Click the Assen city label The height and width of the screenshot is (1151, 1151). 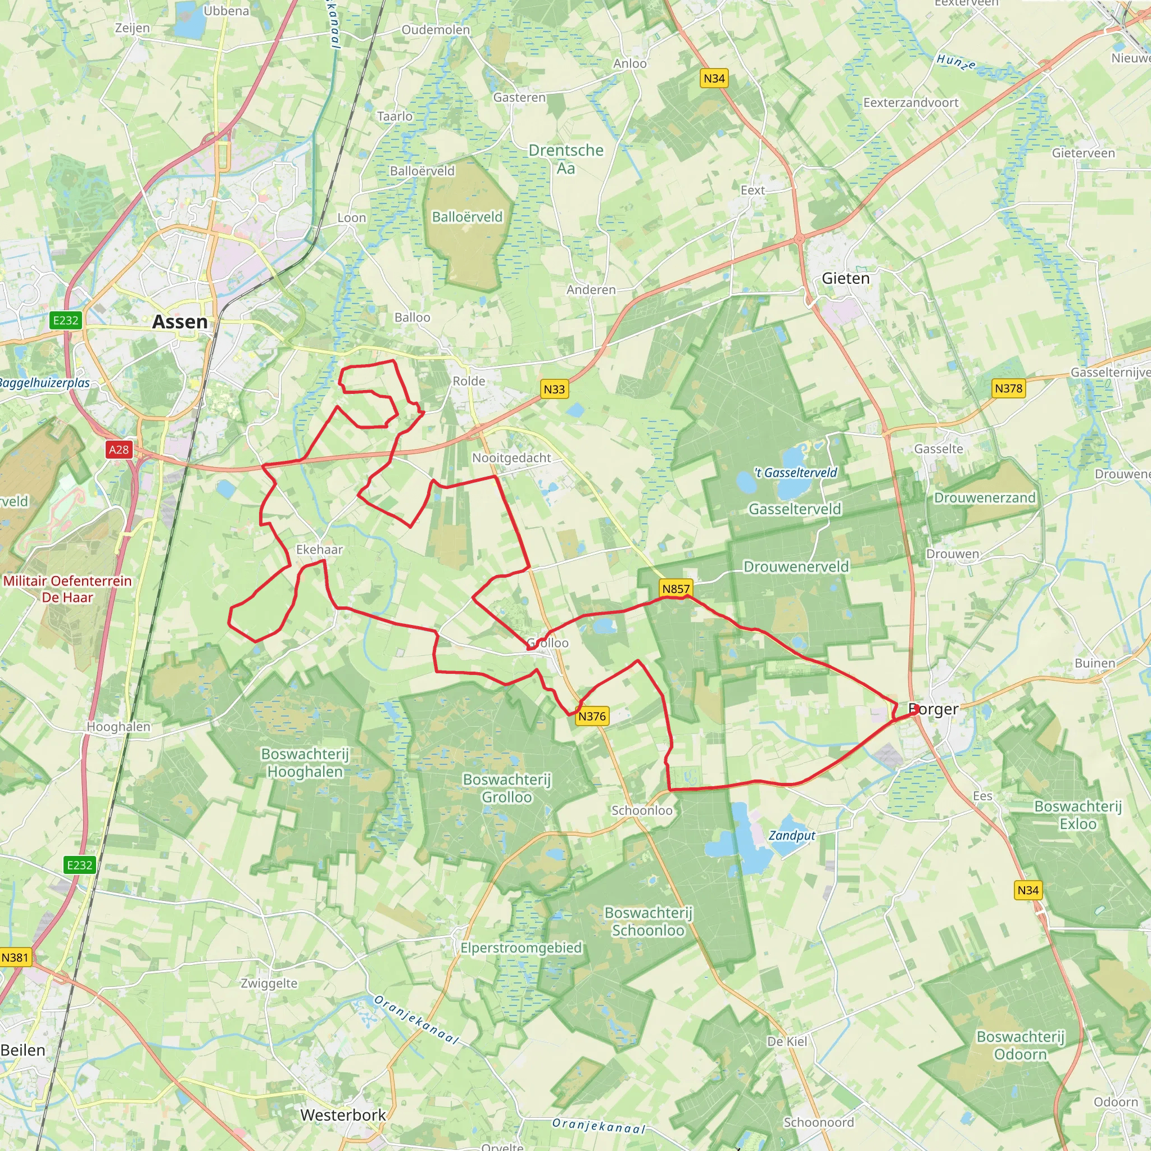[180, 321]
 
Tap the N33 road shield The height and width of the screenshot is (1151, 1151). [554, 389]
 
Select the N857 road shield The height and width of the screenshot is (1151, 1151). [676, 588]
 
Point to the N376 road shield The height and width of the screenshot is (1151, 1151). [592, 716]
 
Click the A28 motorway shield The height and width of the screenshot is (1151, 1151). [119, 450]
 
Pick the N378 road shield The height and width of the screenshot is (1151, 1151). [1008, 388]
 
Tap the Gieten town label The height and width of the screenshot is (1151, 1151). [845, 278]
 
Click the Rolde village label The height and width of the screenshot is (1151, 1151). [469, 380]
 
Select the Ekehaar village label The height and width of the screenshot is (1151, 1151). [319, 549]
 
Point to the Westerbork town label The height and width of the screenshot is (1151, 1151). [343, 1114]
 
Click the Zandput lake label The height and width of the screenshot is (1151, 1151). [792, 835]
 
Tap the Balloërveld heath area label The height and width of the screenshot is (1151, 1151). [467, 217]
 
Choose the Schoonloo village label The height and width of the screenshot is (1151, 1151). [642, 810]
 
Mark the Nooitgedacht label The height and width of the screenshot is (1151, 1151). [511, 457]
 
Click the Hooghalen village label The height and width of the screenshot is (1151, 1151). [119, 726]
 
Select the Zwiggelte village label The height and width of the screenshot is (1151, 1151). [269, 983]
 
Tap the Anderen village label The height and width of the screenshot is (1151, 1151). [591, 289]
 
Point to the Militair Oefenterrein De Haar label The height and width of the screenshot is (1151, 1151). [67, 588]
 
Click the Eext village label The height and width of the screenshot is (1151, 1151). [753, 190]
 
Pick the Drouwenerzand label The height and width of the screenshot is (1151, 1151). [985, 497]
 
